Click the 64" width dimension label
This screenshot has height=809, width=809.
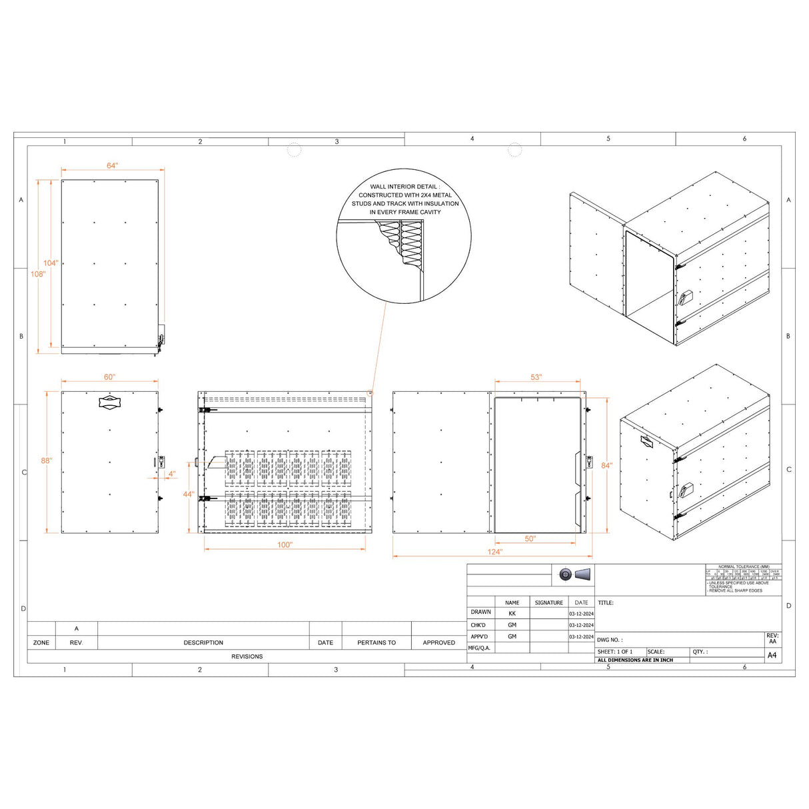(x=112, y=166)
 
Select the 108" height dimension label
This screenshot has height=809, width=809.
(x=37, y=274)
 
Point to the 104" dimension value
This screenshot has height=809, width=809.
(x=51, y=263)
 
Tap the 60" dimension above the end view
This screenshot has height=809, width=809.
(x=109, y=377)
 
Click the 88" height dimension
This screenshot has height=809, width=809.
(x=46, y=460)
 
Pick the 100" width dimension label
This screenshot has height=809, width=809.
(x=285, y=545)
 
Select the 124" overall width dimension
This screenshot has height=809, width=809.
(x=494, y=552)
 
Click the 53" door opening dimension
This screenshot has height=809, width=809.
(x=536, y=378)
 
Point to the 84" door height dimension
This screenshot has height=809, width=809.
(x=606, y=466)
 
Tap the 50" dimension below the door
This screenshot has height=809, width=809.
(x=530, y=539)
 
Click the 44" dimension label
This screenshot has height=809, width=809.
(x=189, y=494)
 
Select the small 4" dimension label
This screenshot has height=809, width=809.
(x=172, y=474)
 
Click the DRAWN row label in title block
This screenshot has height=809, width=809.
(x=480, y=612)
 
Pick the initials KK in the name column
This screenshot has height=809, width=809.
(x=512, y=613)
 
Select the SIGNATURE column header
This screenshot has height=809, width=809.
(x=548, y=602)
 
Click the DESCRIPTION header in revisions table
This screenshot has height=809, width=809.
(x=203, y=642)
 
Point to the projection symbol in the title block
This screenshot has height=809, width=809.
(x=574, y=574)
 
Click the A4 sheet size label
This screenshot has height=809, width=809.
(x=772, y=655)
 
